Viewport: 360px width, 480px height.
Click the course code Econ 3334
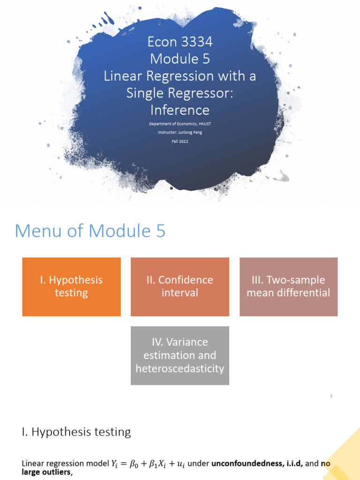tap(180, 42)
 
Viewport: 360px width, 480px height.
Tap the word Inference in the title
tap(180, 110)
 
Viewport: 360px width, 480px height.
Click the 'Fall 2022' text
tap(180, 141)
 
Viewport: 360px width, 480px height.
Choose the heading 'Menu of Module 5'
tap(90, 231)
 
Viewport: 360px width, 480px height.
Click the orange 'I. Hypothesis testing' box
tap(71, 286)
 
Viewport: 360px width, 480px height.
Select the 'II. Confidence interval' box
tap(180, 286)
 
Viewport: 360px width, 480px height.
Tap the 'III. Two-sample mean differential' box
tap(288, 286)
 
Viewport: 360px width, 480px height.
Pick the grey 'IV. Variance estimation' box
tap(180, 355)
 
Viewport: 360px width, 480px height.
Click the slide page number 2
tap(331, 396)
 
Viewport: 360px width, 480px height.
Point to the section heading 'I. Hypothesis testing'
tap(76, 432)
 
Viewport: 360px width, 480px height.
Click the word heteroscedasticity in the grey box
tap(180, 368)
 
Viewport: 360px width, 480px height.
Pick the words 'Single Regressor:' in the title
tap(180, 93)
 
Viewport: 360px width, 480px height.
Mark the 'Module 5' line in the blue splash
tap(180, 59)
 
